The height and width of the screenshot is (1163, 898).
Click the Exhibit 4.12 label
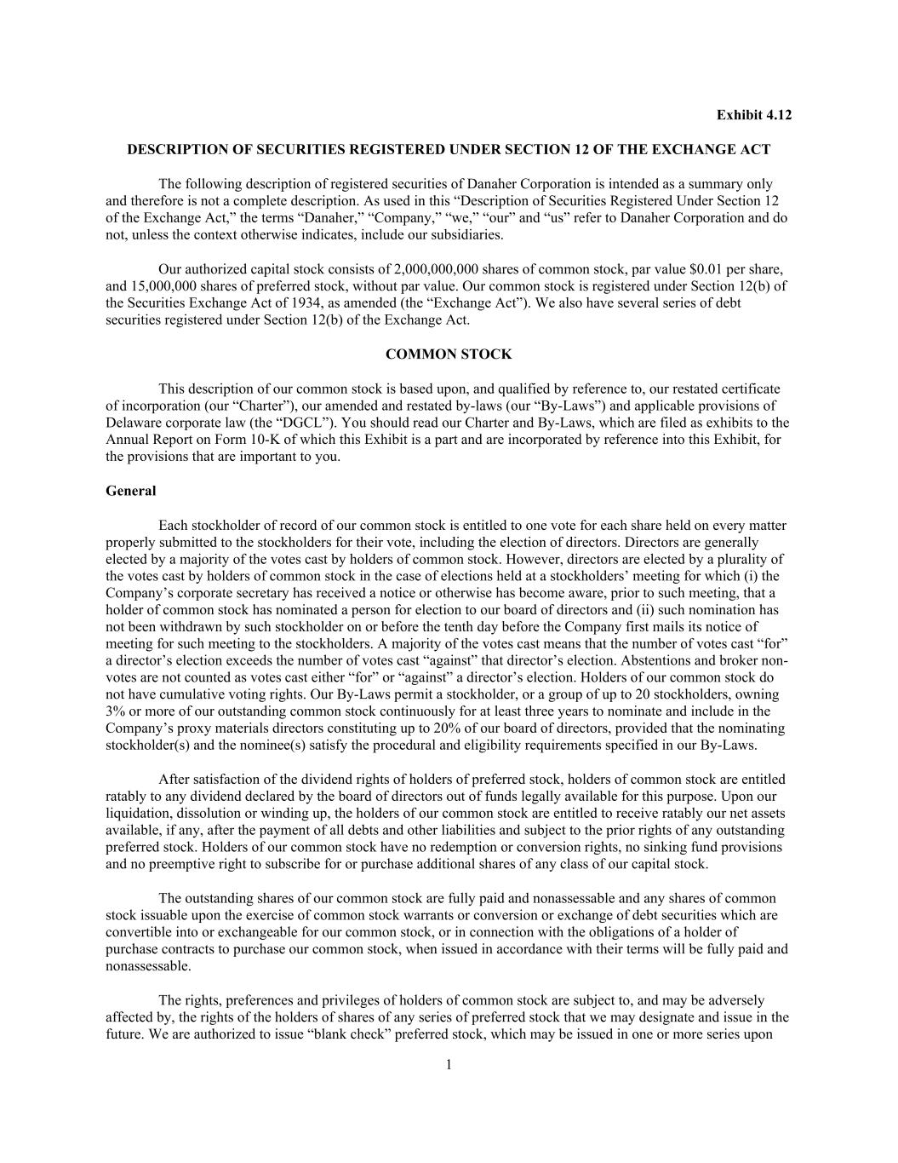coord(753,115)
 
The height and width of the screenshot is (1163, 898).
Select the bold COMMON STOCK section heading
coord(449,354)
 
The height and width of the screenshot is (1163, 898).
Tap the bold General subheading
coord(131,491)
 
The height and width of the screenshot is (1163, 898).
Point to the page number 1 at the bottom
coord(449,1064)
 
